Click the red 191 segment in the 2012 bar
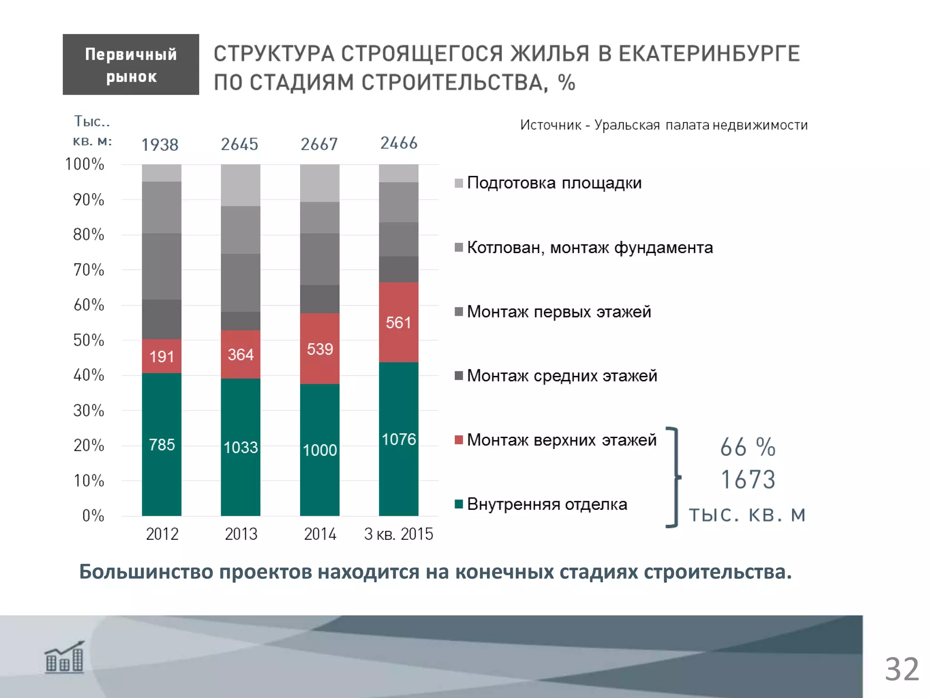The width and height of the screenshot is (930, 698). pyautogui.click(x=162, y=356)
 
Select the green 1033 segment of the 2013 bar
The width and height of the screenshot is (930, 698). pyautogui.click(x=241, y=447)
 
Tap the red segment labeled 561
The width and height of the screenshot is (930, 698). pyautogui.click(x=398, y=322)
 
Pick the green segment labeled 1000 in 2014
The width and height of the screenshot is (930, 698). pyautogui.click(x=320, y=450)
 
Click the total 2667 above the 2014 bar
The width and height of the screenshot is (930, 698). pyautogui.click(x=319, y=145)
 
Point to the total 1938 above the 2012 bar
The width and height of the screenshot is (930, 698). pyautogui.click(x=160, y=145)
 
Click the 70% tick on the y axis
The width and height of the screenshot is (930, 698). pyautogui.click(x=89, y=270)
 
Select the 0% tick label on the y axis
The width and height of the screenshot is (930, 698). pyautogui.click(x=93, y=515)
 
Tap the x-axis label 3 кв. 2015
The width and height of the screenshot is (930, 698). pyautogui.click(x=398, y=534)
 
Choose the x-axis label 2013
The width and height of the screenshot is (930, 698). pyautogui.click(x=241, y=534)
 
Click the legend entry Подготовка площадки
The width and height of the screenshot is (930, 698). pyautogui.click(x=554, y=183)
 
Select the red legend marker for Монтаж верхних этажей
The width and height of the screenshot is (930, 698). pyautogui.click(x=459, y=440)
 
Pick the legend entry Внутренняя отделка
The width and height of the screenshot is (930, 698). pyautogui.click(x=547, y=504)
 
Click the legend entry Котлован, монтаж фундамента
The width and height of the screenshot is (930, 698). pyautogui.click(x=589, y=248)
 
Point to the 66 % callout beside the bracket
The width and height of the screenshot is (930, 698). pyautogui.click(x=747, y=447)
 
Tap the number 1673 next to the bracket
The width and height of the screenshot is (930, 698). pyautogui.click(x=748, y=479)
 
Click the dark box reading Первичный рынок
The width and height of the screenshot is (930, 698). pyautogui.click(x=131, y=65)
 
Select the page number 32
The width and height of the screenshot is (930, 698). pyautogui.click(x=901, y=669)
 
